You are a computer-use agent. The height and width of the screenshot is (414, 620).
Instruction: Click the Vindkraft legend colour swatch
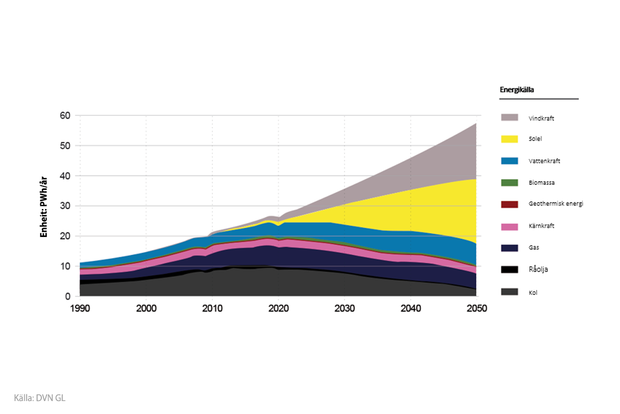[509, 117]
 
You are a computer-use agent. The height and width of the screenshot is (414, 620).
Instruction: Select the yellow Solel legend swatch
[509, 139]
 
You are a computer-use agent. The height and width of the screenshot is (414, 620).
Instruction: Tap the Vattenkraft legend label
[544, 161]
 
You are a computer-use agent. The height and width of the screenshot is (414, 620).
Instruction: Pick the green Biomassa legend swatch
[509, 183]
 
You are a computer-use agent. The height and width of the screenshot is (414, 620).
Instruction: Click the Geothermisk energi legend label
[556, 204]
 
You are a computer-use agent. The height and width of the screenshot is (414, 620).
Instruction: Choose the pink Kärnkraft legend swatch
[509, 226]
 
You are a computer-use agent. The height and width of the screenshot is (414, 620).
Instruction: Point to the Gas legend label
[534, 248]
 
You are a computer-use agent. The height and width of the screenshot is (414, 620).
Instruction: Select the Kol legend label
[533, 292]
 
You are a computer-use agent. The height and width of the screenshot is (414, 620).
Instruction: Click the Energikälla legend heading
[517, 90]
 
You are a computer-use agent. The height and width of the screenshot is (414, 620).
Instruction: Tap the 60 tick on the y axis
[66, 115]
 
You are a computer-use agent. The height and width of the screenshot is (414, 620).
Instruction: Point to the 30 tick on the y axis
[66, 206]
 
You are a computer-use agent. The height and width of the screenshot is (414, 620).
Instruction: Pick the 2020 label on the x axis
[278, 309]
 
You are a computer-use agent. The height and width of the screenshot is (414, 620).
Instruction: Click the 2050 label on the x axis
[476, 309]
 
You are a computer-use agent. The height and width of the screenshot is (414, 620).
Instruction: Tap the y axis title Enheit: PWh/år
[44, 206]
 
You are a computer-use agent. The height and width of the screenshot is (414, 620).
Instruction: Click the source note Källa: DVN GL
[40, 398]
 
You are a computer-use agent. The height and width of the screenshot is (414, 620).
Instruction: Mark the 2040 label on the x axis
[410, 309]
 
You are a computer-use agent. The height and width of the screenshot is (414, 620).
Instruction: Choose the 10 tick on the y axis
[66, 267]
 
